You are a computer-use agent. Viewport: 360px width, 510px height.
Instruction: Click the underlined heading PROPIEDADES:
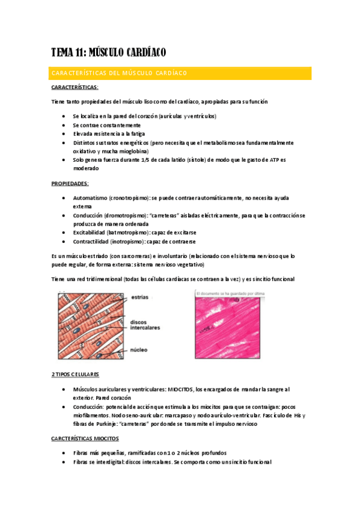(x=70, y=183)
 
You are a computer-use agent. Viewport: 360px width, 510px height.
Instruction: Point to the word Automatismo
(x=90, y=197)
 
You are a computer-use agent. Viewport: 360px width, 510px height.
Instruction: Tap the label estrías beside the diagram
(x=139, y=296)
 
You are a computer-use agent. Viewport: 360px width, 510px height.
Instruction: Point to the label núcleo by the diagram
(x=139, y=349)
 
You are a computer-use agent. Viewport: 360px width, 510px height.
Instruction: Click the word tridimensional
(x=99, y=279)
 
